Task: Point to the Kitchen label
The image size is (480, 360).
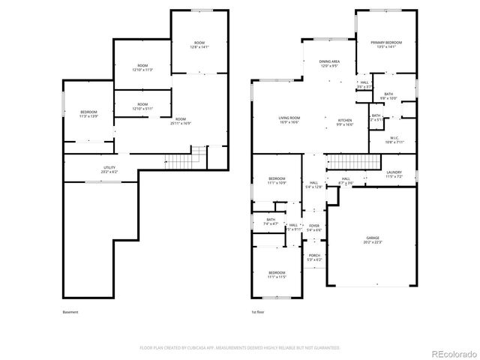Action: [345, 121]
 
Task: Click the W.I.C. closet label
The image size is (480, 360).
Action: [394, 139]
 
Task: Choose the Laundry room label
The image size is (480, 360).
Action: [394, 175]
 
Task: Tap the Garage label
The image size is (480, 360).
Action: [373, 239]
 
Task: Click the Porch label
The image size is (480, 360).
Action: [315, 257]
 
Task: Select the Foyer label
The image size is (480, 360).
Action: [314, 226]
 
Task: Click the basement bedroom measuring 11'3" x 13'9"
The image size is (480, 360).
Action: [88, 114]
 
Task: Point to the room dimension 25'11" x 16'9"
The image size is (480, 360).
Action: [181, 121]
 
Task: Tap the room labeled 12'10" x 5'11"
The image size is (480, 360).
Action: [142, 106]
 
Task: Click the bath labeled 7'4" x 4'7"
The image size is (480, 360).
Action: [271, 221]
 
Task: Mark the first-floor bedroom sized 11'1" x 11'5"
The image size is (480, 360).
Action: [277, 274]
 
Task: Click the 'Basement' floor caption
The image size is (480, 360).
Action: [70, 312]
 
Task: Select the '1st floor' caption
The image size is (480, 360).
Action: [259, 312]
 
